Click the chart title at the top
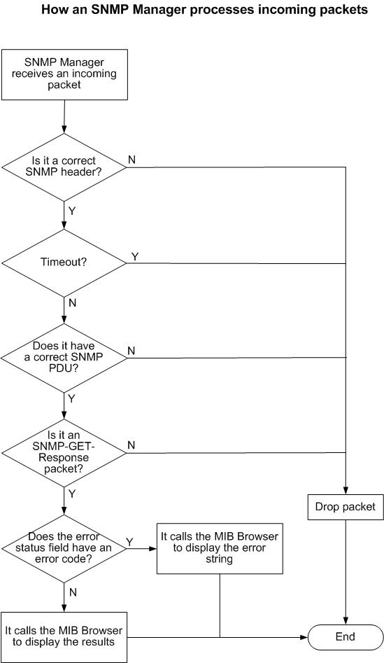pos(204,9)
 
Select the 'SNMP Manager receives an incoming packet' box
pos(64,74)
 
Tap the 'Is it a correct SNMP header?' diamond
pos(64,167)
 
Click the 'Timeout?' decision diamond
pos(64,263)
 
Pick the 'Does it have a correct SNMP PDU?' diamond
pos(64,358)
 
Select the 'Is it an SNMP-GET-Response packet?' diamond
pos(64,453)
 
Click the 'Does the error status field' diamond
pos(64,548)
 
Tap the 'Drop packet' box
pos(346,507)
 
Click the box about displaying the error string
pos(220,548)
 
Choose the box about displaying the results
pos(64,636)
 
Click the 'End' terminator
pos(346,637)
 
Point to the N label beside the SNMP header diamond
pos(131,160)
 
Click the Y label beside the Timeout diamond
pos(135,256)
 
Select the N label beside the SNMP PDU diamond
pos(131,351)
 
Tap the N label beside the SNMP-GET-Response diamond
pos(131,445)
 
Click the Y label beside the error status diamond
pos(129,541)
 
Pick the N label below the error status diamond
pos(73,592)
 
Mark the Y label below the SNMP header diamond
pos(72,211)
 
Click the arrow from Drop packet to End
pos(346,572)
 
